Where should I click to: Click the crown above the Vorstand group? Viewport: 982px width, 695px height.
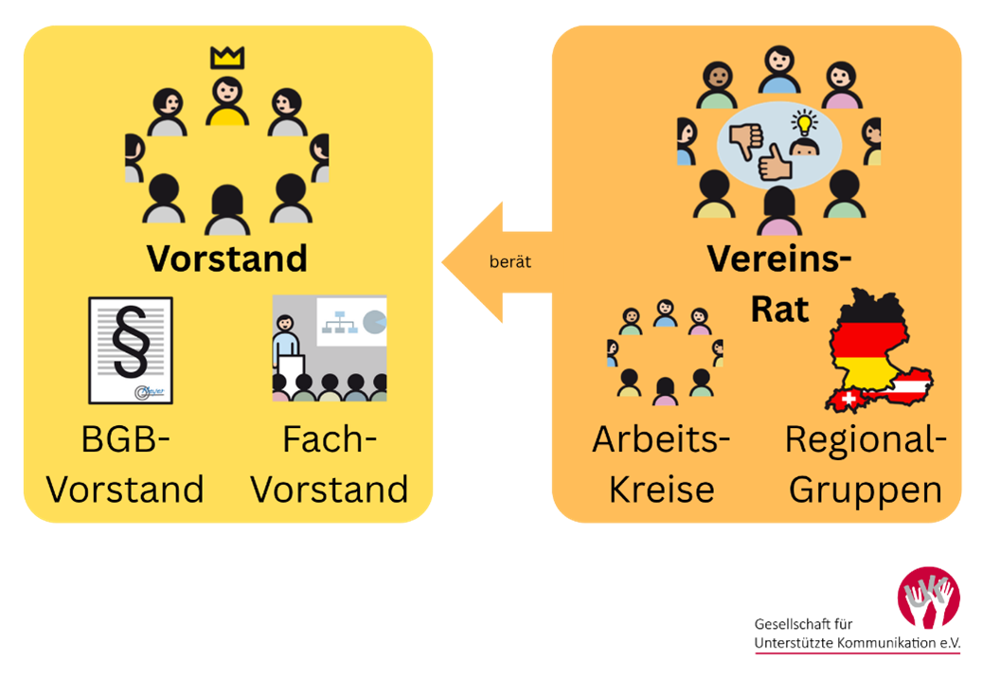(x=227, y=58)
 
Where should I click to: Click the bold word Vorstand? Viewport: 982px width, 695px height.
(x=227, y=258)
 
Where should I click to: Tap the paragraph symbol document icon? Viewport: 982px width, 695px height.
(x=131, y=350)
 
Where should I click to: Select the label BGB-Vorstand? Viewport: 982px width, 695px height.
(x=126, y=465)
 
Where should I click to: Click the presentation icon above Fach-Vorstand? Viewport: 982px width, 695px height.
(x=330, y=348)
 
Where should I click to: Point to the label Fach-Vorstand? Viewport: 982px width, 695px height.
(x=330, y=465)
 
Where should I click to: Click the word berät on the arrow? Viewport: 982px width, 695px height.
(x=509, y=262)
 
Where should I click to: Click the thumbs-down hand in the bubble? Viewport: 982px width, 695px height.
(x=746, y=139)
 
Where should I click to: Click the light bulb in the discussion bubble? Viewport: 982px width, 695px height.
(x=804, y=122)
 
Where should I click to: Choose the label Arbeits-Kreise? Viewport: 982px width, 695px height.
(x=661, y=465)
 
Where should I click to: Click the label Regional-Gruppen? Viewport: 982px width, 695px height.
(x=866, y=465)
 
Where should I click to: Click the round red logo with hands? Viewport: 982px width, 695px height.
(x=928, y=597)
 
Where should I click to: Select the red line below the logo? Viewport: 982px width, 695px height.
(x=857, y=653)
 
